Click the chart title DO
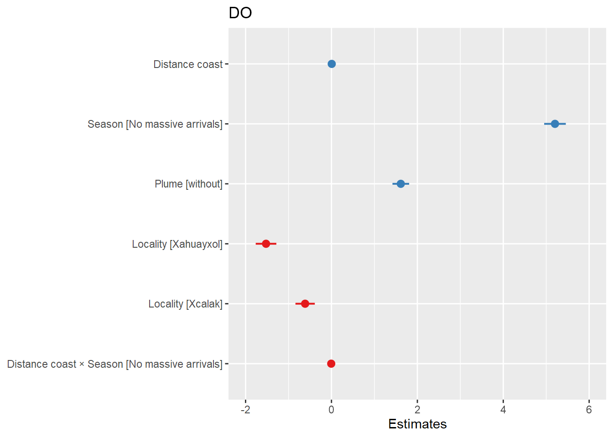point(240,13)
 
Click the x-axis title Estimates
point(417,424)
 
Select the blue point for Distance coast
point(332,64)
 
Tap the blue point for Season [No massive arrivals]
point(555,124)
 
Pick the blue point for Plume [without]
point(400,184)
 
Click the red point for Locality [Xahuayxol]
point(266,244)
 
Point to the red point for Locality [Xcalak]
point(305,304)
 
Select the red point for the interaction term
point(331,364)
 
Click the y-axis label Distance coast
point(188,64)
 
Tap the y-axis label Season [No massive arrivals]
point(155,124)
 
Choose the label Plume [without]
point(188,184)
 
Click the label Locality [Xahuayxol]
point(177,244)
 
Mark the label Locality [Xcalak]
point(185,304)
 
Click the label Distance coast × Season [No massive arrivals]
point(115,364)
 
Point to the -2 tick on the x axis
point(245,410)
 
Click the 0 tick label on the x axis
point(331,410)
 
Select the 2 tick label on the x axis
point(417,410)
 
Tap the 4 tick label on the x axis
point(503,410)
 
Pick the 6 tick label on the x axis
point(589,410)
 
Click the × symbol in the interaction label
point(82,365)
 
